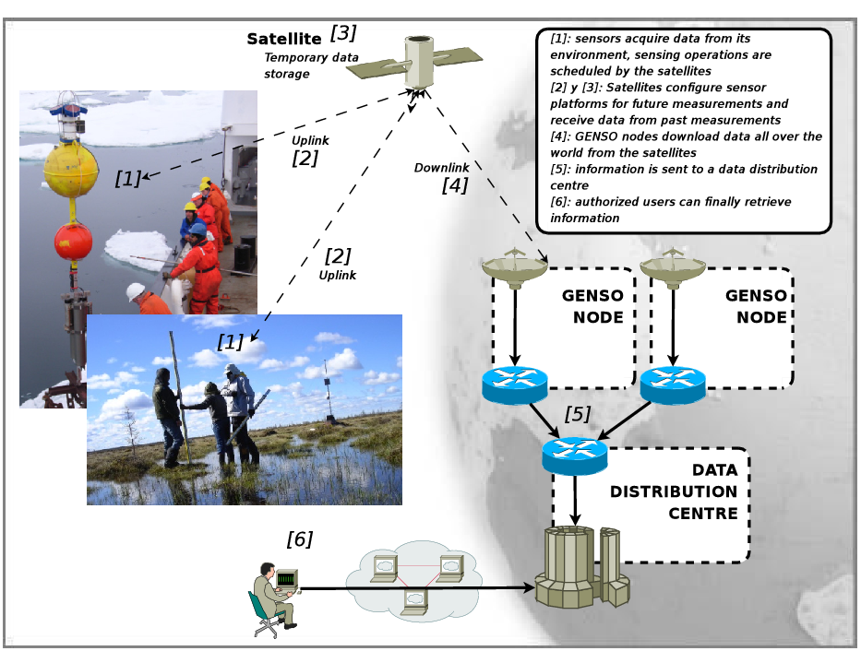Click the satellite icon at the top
[x=420, y=62]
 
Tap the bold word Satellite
[x=283, y=39]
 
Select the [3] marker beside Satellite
[x=342, y=33]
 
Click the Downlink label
[x=442, y=167]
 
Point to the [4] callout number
[x=454, y=185]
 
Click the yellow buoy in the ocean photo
[x=71, y=171]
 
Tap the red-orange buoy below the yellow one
[x=73, y=242]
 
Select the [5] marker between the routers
[x=577, y=414]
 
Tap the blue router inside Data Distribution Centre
[x=575, y=453]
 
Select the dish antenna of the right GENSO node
[x=673, y=268]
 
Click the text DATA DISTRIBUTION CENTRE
[x=675, y=491]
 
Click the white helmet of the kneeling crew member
[x=136, y=291]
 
